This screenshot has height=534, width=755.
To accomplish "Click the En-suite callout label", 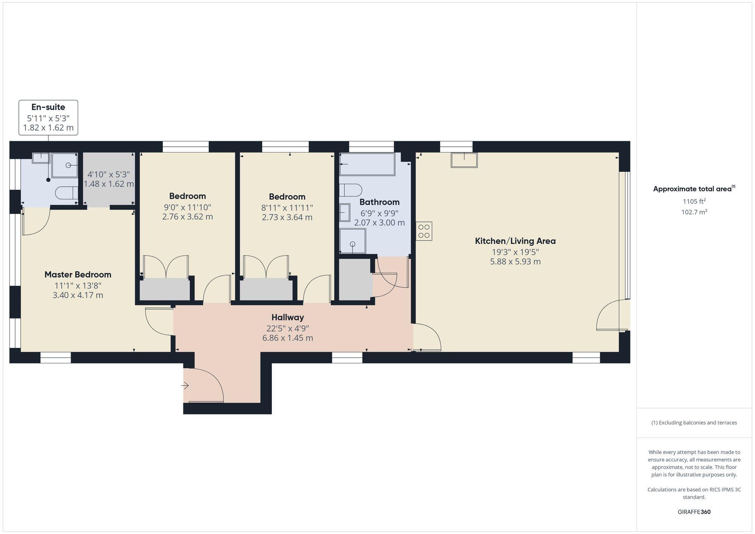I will tap(48, 107).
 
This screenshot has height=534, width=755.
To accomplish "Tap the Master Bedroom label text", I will tap(78, 274).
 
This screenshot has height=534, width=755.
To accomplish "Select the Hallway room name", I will tap(288, 317).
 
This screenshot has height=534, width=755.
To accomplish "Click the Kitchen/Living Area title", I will tap(515, 241).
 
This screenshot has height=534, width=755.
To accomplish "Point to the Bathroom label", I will tap(379, 202).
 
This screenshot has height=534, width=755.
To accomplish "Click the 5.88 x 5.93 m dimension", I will tap(515, 262).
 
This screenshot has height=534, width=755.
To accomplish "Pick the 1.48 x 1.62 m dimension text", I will tap(109, 184).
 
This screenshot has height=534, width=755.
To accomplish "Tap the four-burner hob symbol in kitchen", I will tap(424, 231).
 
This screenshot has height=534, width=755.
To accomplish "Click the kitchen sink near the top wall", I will tap(464, 160).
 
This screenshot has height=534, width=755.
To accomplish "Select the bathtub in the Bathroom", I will tap(367, 164).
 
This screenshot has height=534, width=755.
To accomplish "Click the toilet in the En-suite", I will tap(66, 193).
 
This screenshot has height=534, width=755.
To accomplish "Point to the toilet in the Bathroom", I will tap(350, 190).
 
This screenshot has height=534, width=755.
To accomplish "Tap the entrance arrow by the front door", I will tap(185, 386).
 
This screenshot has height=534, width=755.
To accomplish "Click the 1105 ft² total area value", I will tap(694, 201).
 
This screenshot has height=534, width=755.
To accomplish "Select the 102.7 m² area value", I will tap(694, 212).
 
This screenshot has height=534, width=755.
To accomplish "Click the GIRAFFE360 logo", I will tap(694, 512).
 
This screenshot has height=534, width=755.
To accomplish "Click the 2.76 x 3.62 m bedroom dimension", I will tap(187, 217).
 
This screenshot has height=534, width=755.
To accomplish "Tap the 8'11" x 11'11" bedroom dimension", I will tap(287, 208).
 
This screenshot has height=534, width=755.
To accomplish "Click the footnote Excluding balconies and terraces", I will tap(694, 423).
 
